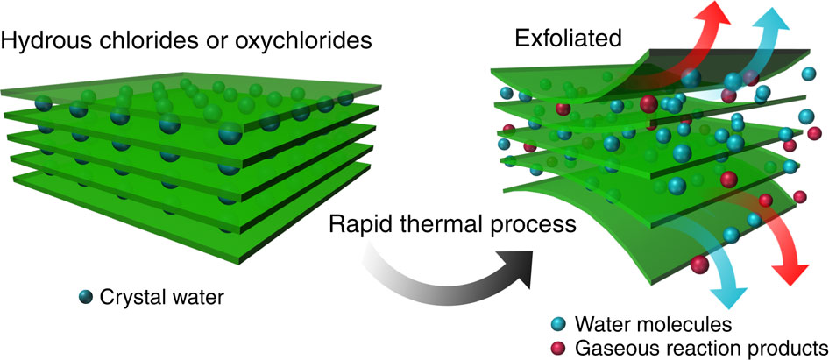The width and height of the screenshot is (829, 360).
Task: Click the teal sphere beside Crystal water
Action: [85, 297]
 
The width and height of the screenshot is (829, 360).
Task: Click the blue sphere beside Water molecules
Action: [556, 324]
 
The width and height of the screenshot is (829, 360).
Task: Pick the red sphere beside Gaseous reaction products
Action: [556, 345]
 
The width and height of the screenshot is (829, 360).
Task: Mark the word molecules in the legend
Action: [678, 324]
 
